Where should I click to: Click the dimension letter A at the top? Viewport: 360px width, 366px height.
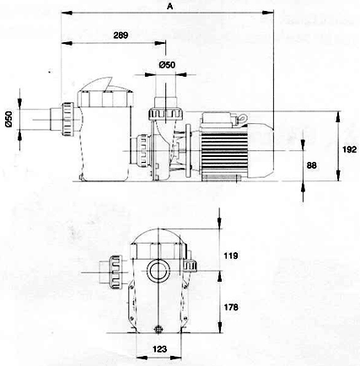click(x=169, y=6)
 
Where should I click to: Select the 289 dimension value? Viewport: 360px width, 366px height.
click(x=121, y=35)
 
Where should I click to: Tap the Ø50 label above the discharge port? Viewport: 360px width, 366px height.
click(x=167, y=65)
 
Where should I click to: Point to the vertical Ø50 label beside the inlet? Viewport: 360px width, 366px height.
click(x=9, y=120)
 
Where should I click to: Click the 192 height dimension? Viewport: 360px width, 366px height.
click(x=349, y=149)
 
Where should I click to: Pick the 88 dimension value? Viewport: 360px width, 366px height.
click(x=311, y=165)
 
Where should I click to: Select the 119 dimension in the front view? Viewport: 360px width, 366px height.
click(x=231, y=256)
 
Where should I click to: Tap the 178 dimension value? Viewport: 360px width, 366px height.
click(x=231, y=307)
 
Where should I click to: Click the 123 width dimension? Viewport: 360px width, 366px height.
click(x=159, y=349)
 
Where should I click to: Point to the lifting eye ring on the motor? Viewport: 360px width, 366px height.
click(x=243, y=118)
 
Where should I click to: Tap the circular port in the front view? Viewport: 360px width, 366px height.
click(x=159, y=272)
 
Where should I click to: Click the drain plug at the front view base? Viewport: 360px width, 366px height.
click(x=159, y=329)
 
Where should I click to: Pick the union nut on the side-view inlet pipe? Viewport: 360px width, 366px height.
click(x=67, y=119)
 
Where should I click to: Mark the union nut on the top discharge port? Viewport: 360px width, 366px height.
click(x=166, y=114)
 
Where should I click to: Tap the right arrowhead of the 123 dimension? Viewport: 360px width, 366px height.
click(x=176, y=358)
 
